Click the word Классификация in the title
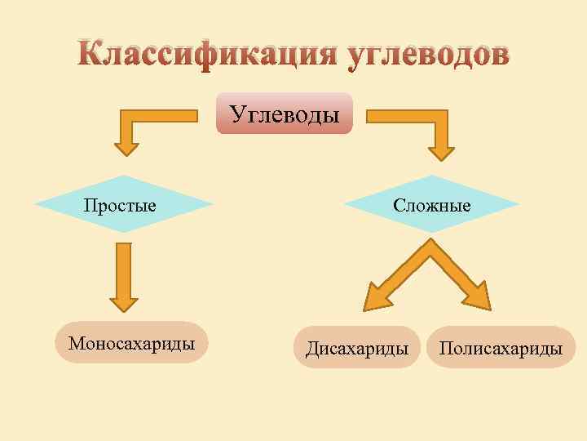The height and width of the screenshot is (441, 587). (x=207, y=55)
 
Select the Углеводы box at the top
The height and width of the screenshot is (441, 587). (x=284, y=114)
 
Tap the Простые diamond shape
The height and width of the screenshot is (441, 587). (x=122, y=204)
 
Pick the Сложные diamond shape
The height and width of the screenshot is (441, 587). (x=431, y=204)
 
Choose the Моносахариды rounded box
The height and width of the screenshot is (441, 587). (x=131, y=343)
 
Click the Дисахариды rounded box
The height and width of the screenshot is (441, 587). (x=357, y=349)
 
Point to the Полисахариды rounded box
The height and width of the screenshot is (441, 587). (x=501, y=349)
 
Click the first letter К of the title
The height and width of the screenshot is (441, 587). (x=92, y=55)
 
